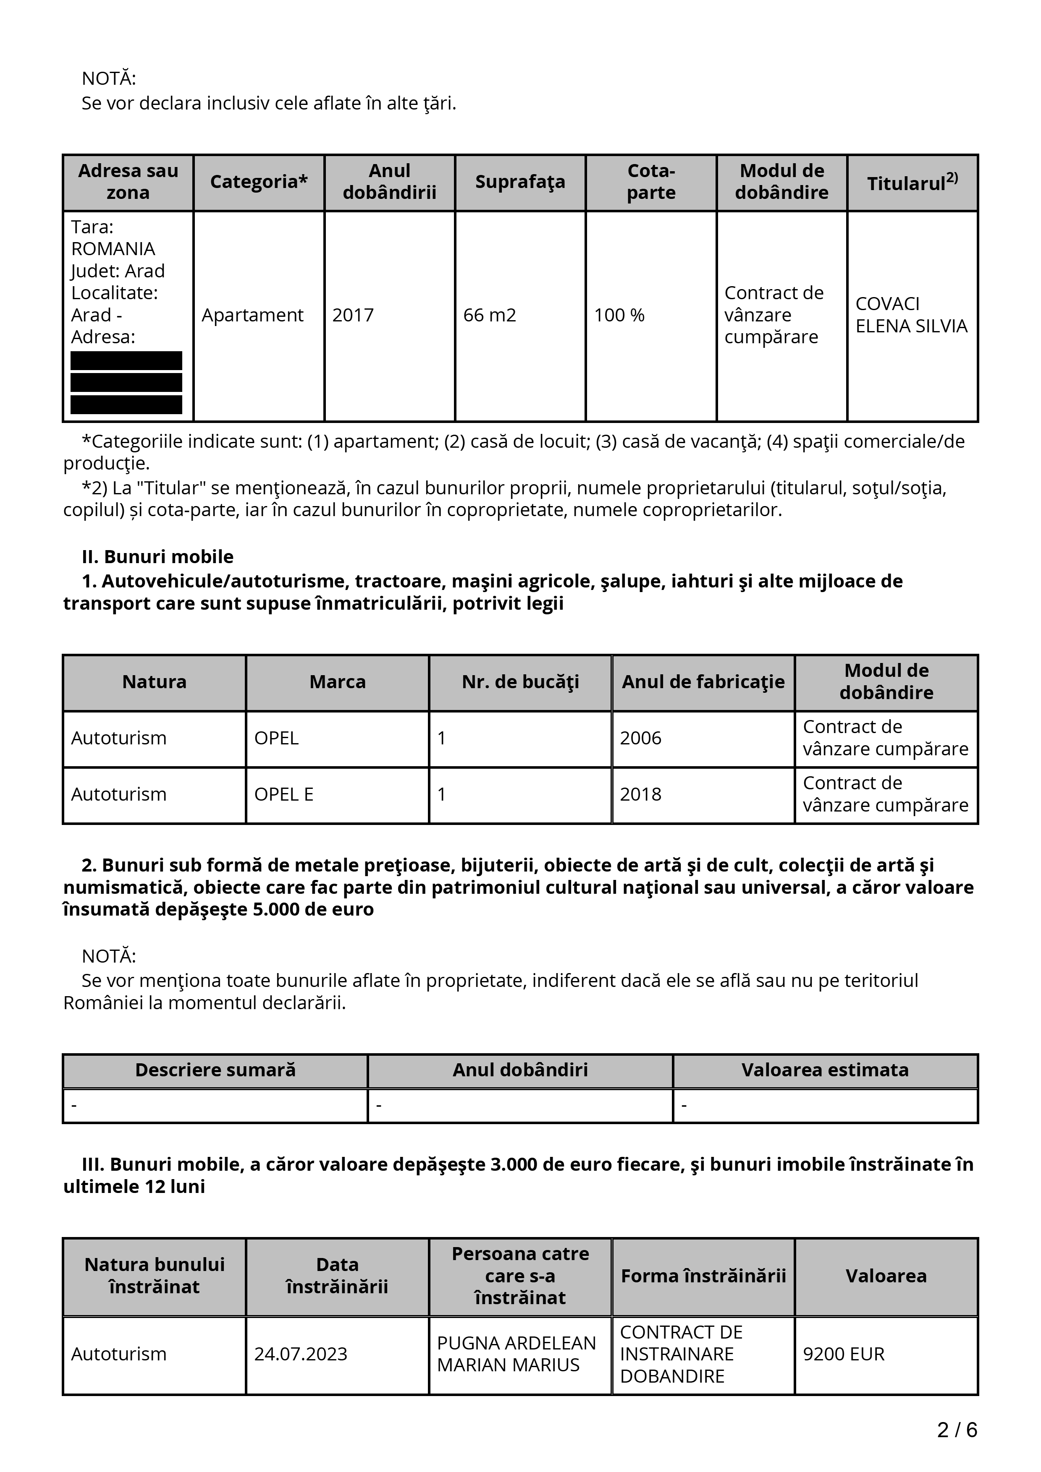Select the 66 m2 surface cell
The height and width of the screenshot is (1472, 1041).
coord(489,316)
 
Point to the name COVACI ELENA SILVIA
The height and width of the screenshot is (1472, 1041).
coord(911,315)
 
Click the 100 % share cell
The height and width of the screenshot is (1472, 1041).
coord(619,316)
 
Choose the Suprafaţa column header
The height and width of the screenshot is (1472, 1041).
coord(520,182)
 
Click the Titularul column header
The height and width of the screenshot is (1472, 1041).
coord(912,183)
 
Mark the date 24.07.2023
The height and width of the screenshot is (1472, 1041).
coord(300,1354)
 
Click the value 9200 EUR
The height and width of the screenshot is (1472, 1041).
coord(844,1354)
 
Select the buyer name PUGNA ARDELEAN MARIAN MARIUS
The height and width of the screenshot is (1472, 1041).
coord(517,1354)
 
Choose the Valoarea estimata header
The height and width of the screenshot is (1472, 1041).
coord(825,1070)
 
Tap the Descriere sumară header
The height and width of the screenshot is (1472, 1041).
coord(215,1070)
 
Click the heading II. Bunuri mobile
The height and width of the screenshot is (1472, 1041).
coord(158,556)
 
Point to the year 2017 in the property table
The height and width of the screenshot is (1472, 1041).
coord(352,316)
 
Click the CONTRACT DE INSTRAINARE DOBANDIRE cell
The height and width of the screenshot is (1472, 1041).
coord(681,1354)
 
